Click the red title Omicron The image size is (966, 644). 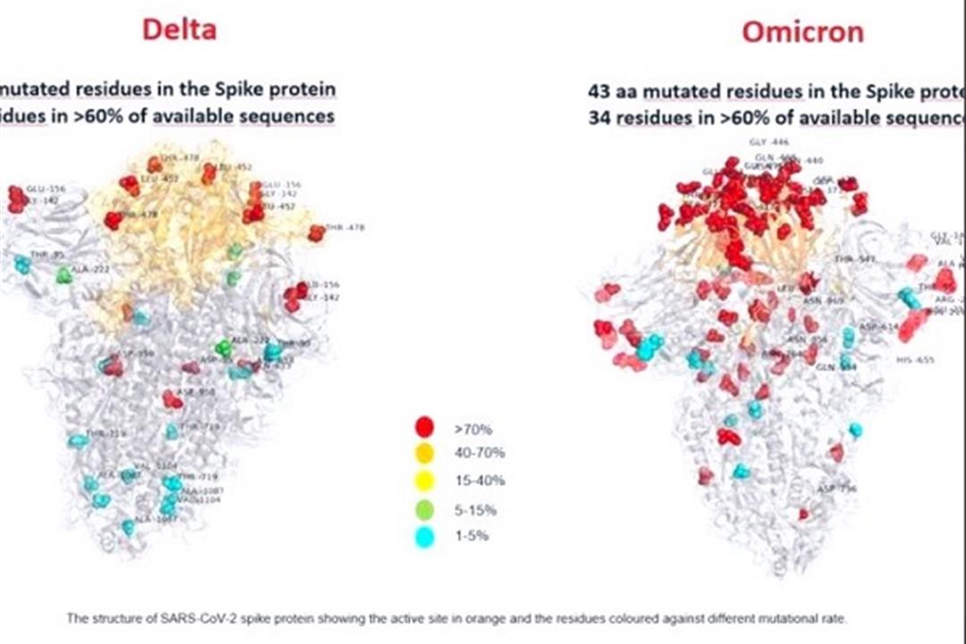(802, 32)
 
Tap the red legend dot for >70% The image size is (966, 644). (425, 428)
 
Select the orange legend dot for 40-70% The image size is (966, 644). (425, 453)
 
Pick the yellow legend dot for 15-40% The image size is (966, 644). (425, 481)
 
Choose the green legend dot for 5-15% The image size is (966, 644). (425, 510)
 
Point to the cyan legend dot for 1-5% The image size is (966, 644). (425, 538)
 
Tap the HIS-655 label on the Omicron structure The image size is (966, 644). (915, 360)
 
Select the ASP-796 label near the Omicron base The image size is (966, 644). (837, 488)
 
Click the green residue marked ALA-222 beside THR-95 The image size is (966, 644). (64, 275)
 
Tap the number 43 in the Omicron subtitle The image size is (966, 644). (598, 91)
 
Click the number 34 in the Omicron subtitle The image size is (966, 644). (598, 116)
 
